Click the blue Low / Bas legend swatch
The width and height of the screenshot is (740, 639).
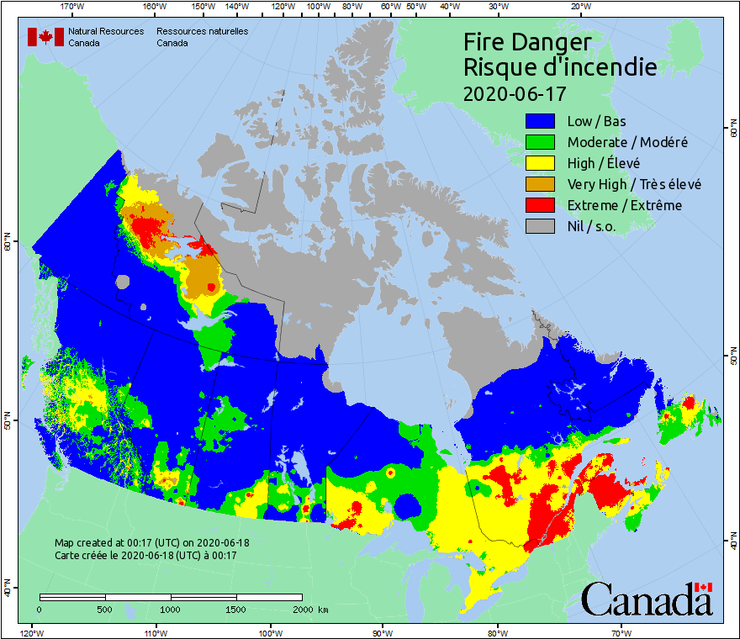[542, 121]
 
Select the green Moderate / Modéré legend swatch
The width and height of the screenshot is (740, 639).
[542, 142]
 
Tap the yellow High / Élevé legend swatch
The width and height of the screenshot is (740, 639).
[542, 163]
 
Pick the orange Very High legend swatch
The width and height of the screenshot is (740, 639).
[542, 184]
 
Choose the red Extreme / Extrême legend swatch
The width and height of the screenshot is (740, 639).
[542, 205]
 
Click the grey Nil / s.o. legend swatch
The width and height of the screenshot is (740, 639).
[542, 226]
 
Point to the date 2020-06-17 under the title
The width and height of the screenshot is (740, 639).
[515, 92]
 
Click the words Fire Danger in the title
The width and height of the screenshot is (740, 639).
[527, 42]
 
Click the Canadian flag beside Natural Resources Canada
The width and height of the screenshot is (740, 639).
[45, 37]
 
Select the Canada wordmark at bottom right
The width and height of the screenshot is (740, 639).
[646, 599]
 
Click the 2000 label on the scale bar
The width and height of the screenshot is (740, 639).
[304, 609]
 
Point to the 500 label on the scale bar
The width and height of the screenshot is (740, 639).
[105, 609]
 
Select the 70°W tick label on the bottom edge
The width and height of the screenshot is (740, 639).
[621, 631]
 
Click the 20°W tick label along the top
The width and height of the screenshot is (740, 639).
[578, 7]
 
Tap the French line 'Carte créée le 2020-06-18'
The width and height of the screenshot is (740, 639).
[145, 556]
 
